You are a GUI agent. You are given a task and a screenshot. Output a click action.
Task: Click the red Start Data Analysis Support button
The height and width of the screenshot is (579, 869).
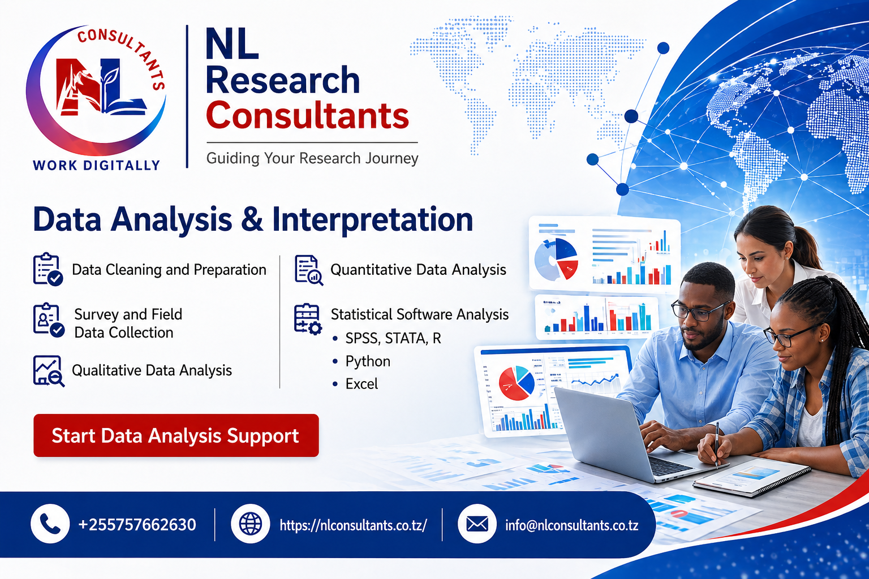click(x=176, y=435)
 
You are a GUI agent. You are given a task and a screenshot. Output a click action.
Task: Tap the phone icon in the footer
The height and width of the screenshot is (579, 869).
click(x=50, y=524)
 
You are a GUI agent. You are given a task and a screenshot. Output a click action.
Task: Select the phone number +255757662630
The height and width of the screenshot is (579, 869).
click(x=137, y=525)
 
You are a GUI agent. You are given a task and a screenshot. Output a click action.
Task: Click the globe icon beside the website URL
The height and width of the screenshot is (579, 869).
click(x=251, y=524)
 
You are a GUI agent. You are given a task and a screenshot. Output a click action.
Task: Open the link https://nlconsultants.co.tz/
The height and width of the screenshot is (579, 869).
click(x=353, y=525)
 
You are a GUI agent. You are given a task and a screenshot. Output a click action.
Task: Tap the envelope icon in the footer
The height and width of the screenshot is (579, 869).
click(x=477, y=524)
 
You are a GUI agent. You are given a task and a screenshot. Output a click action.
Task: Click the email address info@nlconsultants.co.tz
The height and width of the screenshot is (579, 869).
click(x=571, y=525)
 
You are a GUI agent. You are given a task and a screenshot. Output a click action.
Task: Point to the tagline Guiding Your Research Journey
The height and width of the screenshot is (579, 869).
click(x=312, y=158)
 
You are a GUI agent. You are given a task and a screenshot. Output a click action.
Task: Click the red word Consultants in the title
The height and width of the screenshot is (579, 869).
click(x=307, y=116)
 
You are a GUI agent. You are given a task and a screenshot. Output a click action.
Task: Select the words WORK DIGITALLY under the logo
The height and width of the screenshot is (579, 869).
click(x=97, y=165)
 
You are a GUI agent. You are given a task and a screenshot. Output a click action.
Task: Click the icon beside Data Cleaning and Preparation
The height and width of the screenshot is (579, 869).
click(x=48, y=269)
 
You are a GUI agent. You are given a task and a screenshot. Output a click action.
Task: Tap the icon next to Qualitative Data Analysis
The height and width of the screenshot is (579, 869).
click(x=48, y=371)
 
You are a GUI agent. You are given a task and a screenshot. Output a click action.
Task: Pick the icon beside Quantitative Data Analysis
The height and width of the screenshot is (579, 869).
click(x=308, y=270)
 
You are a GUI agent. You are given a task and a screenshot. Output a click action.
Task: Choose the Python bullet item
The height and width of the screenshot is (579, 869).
click(x=368, y=361)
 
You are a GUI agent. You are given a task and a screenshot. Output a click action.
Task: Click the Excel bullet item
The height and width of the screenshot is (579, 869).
click(x=362, y=384)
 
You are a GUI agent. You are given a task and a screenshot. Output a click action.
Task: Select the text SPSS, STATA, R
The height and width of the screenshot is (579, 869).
click(x=393, y=338)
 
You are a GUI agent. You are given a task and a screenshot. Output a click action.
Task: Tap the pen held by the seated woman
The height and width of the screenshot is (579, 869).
click(x=717, y=444)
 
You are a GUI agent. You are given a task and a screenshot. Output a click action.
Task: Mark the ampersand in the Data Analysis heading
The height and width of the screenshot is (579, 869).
click(x=252, y=219)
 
